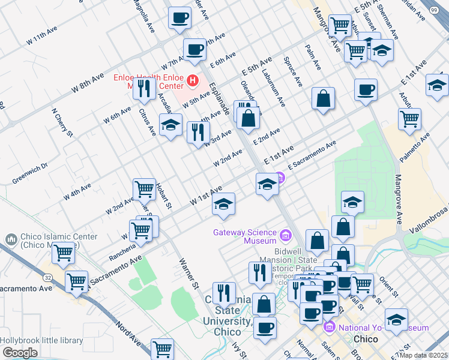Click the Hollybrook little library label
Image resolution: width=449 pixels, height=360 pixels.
[41, 340]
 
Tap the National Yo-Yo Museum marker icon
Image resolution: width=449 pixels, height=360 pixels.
[329, 328]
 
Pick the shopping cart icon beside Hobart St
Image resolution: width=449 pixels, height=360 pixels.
[144, 189]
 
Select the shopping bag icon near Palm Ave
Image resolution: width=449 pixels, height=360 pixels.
[323, 99]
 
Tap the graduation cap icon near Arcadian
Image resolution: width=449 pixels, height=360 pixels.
[171, 124]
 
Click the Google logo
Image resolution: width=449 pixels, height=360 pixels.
[20, 353]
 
